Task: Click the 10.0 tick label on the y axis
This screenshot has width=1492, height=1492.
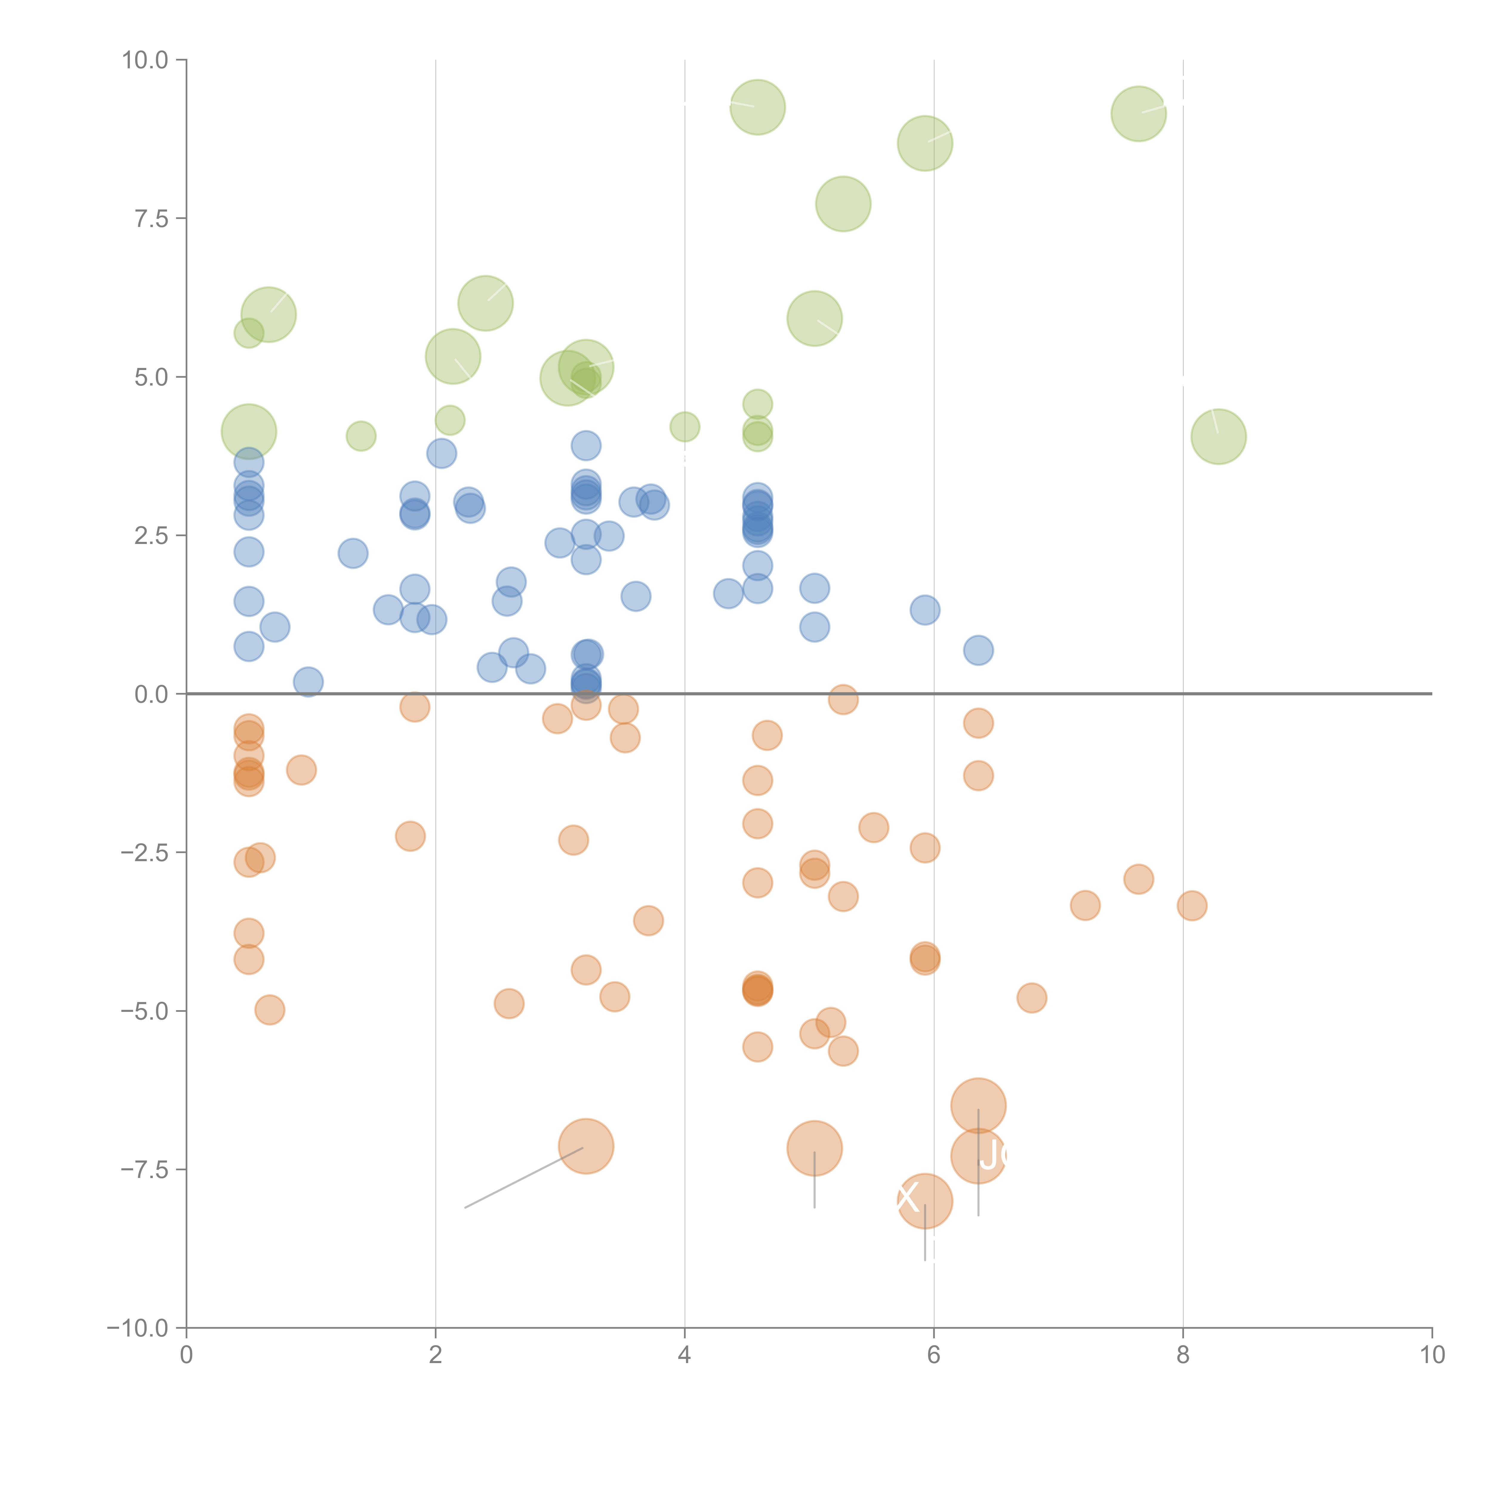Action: tap(145, 60)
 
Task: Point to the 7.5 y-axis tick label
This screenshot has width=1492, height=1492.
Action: tap(151, 218)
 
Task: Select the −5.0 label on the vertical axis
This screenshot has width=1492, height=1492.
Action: tap(145, 1011)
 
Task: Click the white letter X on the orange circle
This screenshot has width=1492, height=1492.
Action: tap(908, 1198)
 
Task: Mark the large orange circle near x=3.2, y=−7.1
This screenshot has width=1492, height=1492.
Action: tap(586, 1146)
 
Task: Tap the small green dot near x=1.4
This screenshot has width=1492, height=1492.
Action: tap(361, 436)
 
